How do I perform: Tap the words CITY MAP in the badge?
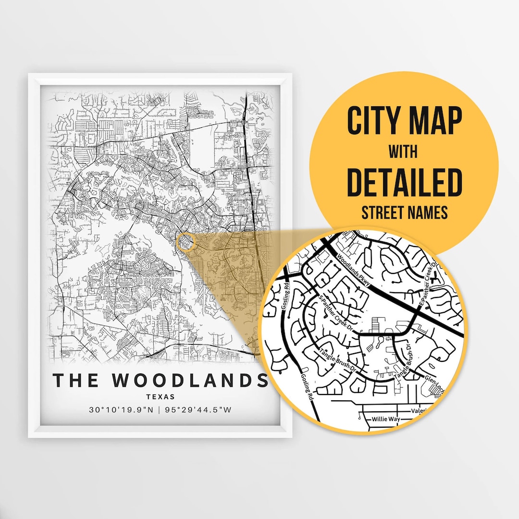tap(404, 122)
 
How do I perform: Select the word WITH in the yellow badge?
tap(404, 153)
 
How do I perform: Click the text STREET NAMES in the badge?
tap(404, 211)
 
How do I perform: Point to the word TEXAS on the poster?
tap(161, 397)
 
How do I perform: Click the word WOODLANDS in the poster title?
tap(190, 380)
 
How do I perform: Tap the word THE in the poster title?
tap(77, 380)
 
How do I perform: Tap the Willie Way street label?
tap(386, 419)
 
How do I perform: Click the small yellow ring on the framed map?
tap(185, 242)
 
